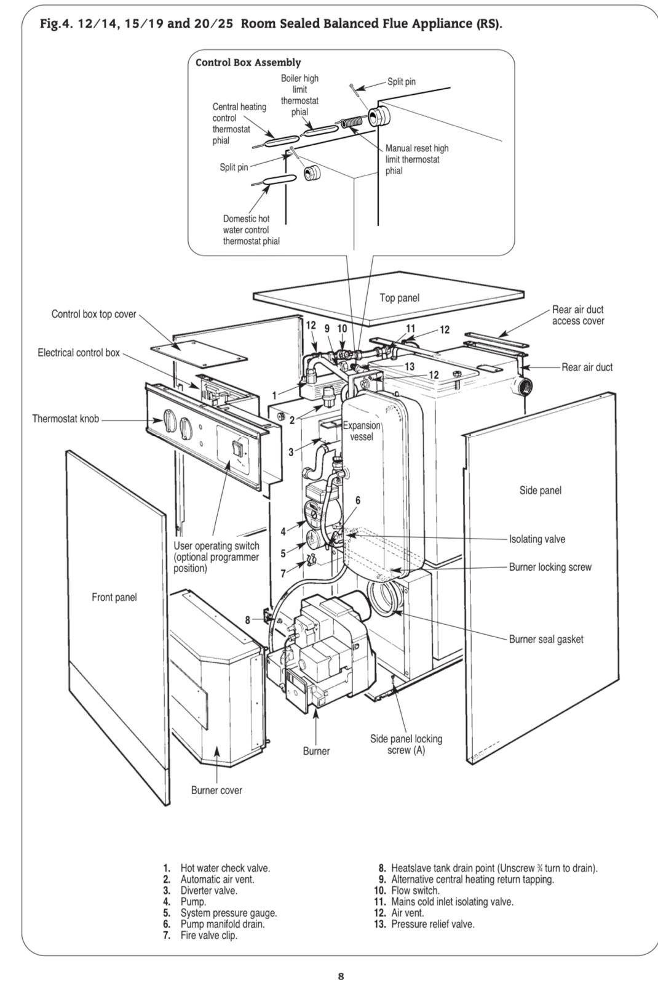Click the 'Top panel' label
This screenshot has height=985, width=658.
tap(399, 298)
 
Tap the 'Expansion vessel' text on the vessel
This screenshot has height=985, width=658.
tap(362, 431)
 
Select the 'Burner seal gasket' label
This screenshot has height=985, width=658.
tap(546, 640)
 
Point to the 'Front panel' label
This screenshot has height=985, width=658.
tap(114, 597)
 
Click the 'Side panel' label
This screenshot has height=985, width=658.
tap(541, 490)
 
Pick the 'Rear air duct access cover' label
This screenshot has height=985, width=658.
tap(578, 315)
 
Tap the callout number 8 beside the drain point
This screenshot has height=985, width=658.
tap(248, 620)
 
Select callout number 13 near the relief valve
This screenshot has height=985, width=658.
tap(410, 366)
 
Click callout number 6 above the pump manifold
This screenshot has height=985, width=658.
tap(358, 501)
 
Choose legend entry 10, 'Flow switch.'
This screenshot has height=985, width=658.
tap(406, 890)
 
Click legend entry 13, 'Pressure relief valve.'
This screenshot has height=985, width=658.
tap(424, 924)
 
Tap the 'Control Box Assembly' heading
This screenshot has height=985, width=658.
tap(248, 62)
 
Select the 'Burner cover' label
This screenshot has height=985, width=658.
tap(216, 790)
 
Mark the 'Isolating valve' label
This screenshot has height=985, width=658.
tap(537, 539)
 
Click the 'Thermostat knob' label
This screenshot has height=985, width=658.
tap(65, 419)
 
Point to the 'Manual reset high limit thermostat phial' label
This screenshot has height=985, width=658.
tap(417, 159)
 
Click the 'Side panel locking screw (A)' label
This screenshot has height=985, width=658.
tap(406, 744)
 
